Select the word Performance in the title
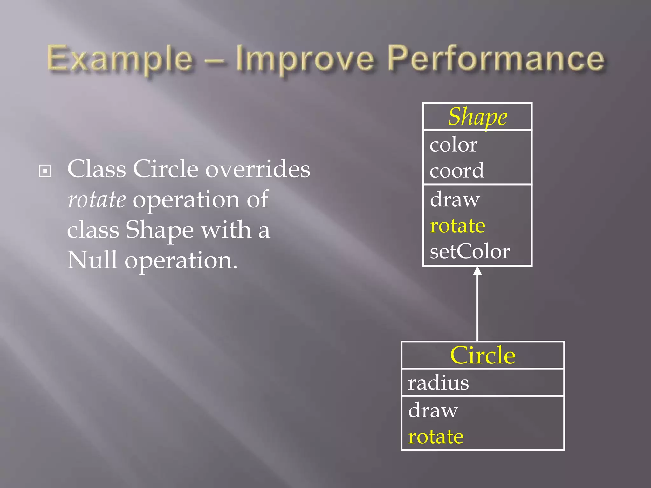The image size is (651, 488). (496, 58)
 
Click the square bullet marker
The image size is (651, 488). (45, 171)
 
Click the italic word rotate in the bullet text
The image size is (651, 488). (97, 200)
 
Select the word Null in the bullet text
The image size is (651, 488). (92, 260)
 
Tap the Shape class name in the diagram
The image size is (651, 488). (477, 117)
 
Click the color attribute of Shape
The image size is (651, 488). (453, 145)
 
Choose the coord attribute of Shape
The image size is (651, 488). (457, 171)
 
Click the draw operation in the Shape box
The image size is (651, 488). (455, 200)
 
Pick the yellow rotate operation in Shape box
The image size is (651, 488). (457, 226)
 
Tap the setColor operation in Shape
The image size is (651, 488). (469, 251)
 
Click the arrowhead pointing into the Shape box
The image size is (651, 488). (477, 271)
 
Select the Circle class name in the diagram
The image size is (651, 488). (483, 355)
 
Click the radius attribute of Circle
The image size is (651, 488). (438, 383)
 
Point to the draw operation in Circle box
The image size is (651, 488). (433, 410)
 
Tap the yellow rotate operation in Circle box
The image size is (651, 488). (435, 437)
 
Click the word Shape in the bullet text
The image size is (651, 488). (159, 230)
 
